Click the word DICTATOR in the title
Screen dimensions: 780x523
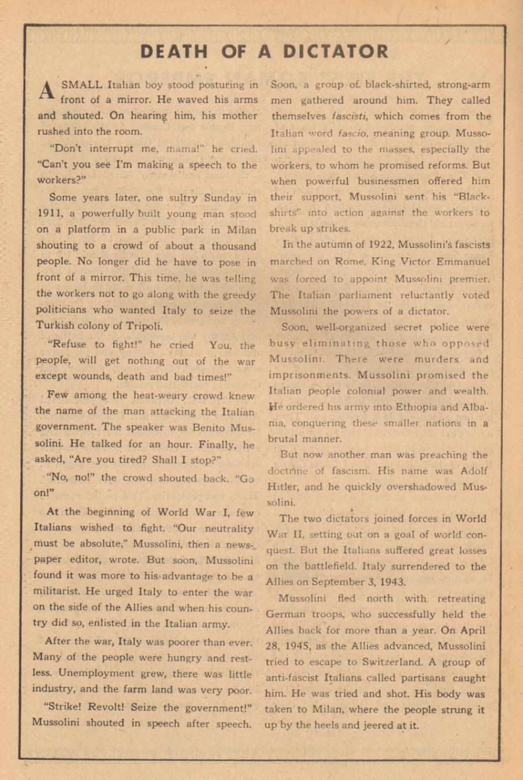(x=335, y=52)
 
